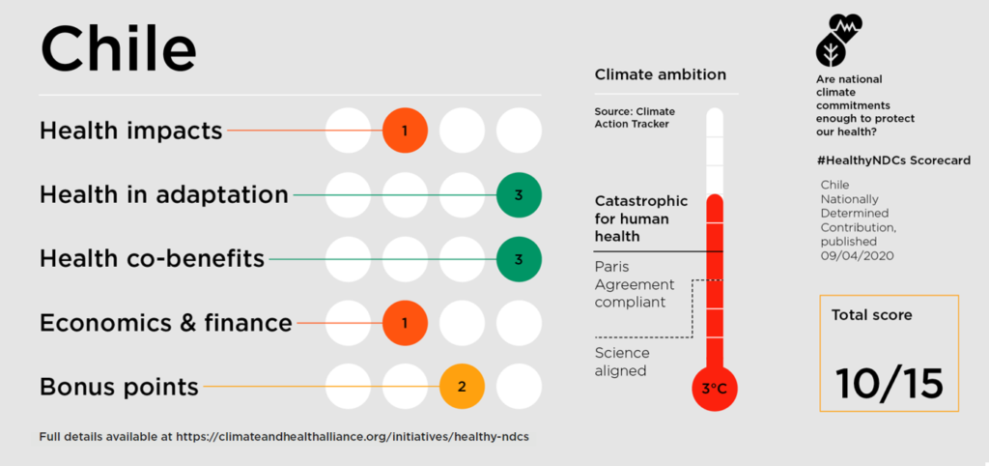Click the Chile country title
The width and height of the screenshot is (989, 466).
point(118,48)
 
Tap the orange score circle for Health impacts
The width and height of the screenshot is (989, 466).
point(406,130)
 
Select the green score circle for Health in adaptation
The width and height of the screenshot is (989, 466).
point(519,195)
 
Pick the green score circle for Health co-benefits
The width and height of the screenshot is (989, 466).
point(519,259)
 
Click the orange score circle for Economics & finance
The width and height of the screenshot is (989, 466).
point(406,323)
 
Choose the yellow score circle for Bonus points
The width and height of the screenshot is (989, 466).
point(462,387)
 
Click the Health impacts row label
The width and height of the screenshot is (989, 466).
point(130,131)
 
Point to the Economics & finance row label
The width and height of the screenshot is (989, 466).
point(165,323)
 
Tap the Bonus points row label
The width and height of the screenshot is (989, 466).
point(119,388)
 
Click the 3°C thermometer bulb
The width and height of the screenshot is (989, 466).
point(714,389)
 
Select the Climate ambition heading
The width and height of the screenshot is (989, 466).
point(660,74)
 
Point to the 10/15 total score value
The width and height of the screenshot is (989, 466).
point(889,384)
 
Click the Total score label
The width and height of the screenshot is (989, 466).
point(871,315)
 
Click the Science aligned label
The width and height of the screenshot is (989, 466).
point(622,362)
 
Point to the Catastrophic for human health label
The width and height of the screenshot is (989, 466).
point(641,218)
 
